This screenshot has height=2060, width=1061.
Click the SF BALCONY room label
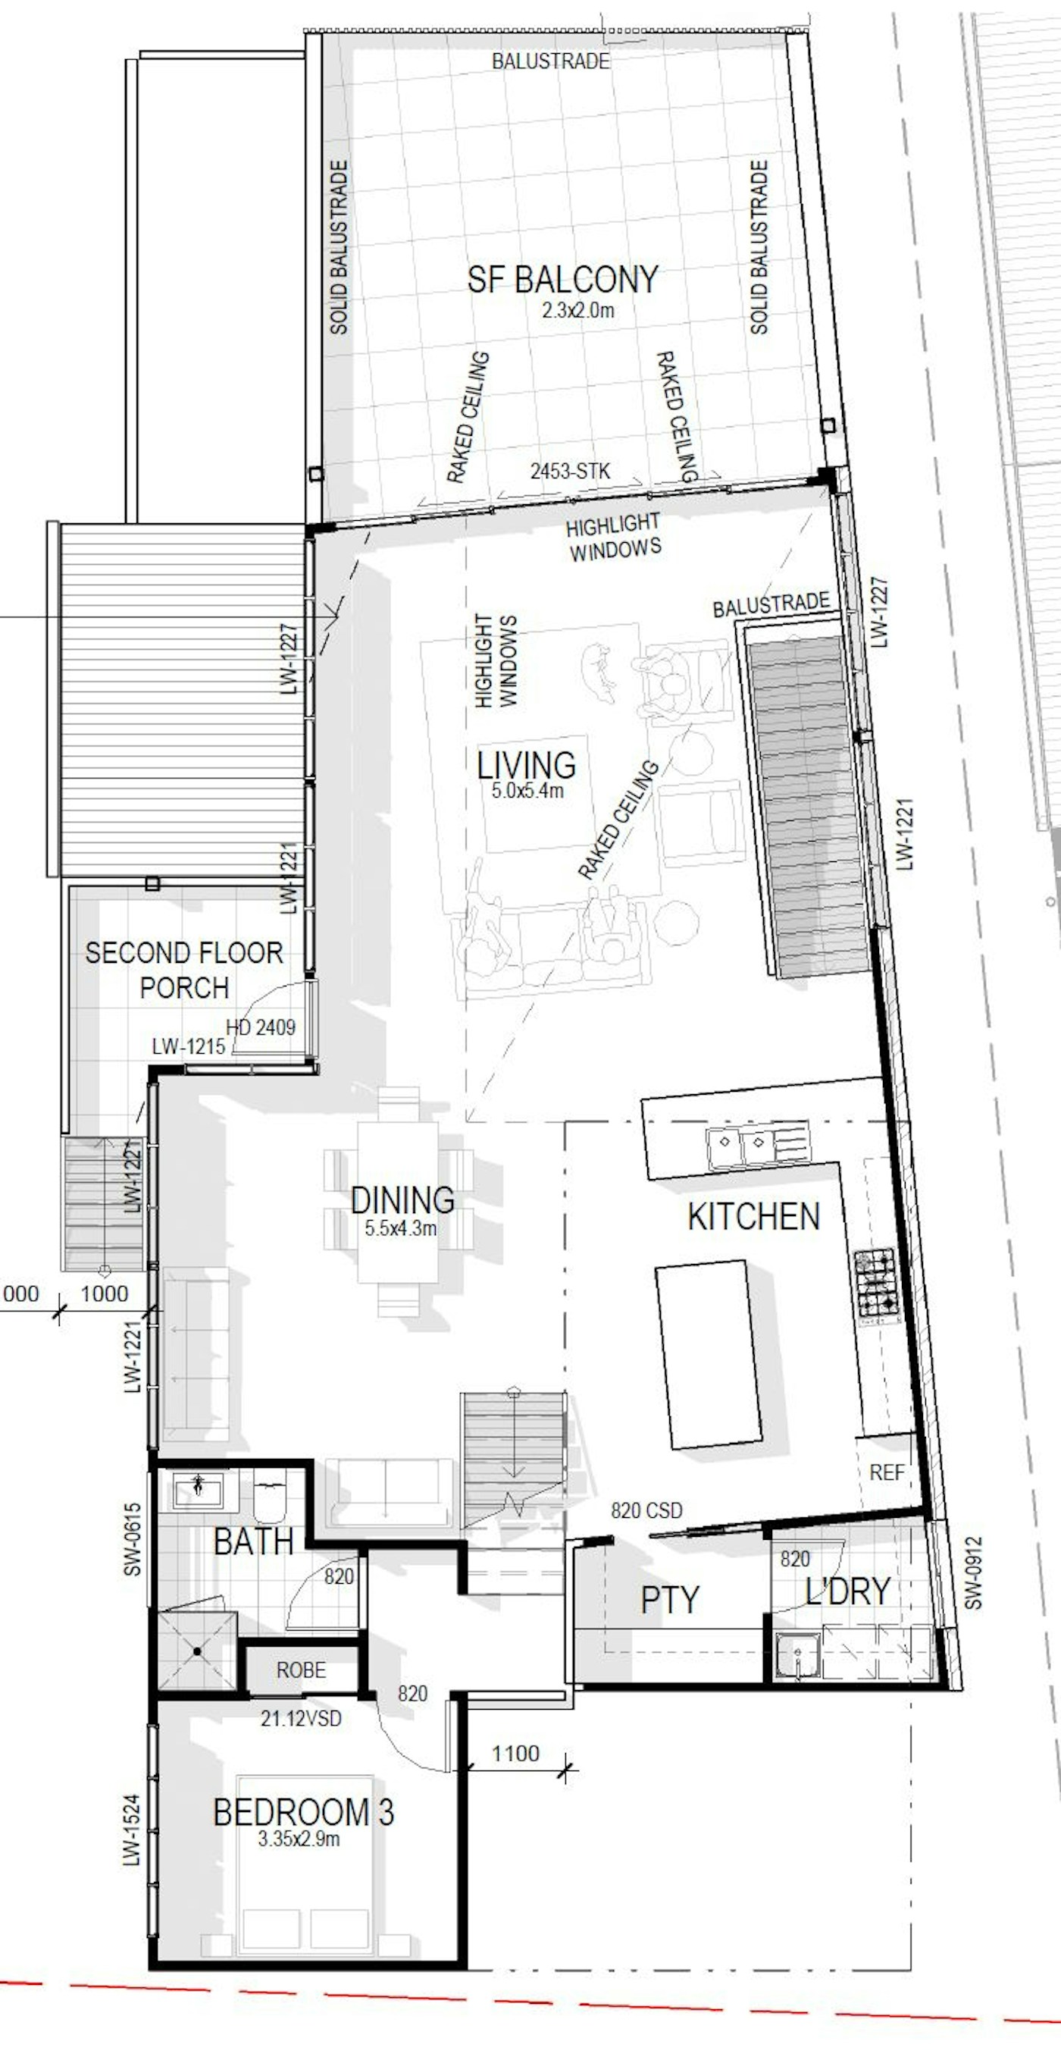[563, 280]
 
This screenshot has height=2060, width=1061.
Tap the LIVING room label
[526, 765]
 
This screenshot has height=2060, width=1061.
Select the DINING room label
[402, 1200]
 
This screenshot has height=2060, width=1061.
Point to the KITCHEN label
[753, 1216]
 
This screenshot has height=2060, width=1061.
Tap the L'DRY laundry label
[847, 1591]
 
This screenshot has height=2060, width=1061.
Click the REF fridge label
[887, 1472]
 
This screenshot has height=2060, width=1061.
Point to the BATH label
[253, 1542]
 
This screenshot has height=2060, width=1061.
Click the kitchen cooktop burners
[876, 1283]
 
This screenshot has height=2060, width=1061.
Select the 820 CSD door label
[647, 1510]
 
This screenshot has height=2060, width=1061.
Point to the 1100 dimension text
[515, 1754]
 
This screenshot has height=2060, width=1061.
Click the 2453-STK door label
[570, 471]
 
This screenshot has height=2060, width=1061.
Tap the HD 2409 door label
[261, 1027]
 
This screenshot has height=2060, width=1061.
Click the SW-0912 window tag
[972, 1573]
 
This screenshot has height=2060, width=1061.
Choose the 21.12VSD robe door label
[301, 1718]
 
